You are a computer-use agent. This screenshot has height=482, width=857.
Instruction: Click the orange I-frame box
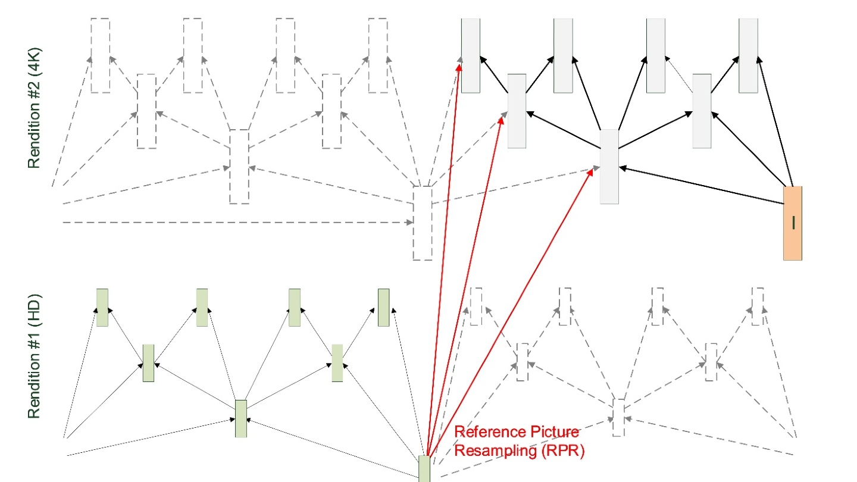pyautogui.click(x=792, y=223)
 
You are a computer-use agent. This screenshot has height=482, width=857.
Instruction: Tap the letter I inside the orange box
pyautogui.click(x=793, y=223)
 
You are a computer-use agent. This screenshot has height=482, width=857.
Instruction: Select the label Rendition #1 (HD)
pyautogui.click(x=34, y=355)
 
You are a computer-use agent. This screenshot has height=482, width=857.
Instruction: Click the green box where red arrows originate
pyautogui.click(x=424, y=468)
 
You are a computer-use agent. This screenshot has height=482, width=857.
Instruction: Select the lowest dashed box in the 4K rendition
pyautogui.click(x=423, y=223)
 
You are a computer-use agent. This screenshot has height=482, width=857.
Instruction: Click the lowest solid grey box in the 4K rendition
pyautogui.click(x=609, y=167)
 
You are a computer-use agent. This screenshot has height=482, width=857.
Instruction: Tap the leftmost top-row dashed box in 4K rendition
pyautogui.click(x=101, y=55)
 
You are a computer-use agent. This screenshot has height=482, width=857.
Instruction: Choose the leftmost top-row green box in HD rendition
pyautogui.click(x=102, y=308)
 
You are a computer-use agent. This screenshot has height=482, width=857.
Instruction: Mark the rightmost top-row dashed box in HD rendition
pyautogui.click(x=757, y=306)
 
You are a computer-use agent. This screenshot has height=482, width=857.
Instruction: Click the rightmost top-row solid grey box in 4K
pyautogui.click(x=748, y=55)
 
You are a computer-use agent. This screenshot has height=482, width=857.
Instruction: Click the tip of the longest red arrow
pyautogui.click(x=459, y=66)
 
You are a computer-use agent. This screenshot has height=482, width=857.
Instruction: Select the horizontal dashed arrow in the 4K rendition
pyautogui.click(x=238, y=223)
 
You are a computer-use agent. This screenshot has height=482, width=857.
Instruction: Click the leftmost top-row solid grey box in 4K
pyautogui.click(x=470, y=55)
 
